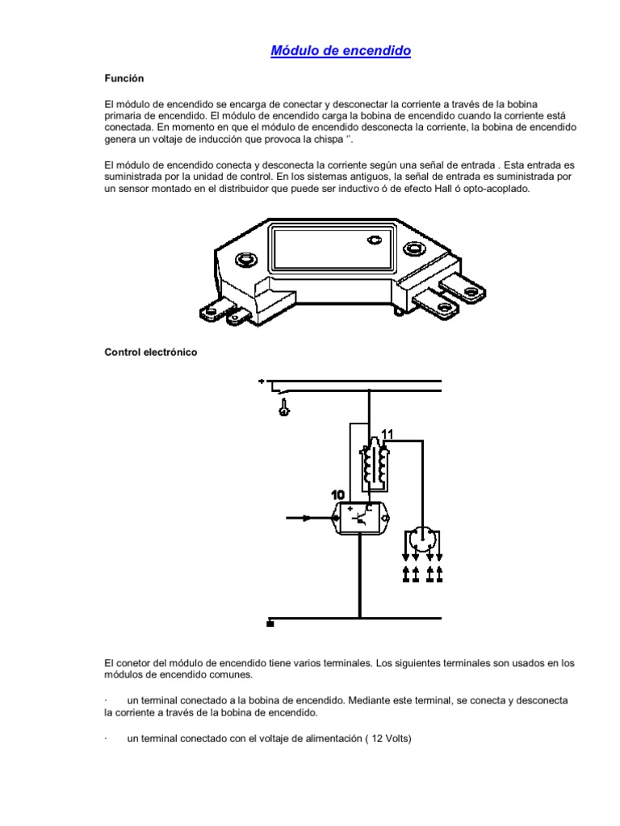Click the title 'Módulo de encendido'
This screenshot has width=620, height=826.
[x=341, y=51]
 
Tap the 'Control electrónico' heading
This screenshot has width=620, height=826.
[x=151, y=353]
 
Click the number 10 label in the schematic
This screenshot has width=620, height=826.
[x=337, y=494]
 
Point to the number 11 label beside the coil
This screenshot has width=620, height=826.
[x=387, y=435]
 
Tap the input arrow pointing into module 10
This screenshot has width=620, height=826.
[x=306, y=518]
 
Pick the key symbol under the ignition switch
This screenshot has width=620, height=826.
[x=284, y=410]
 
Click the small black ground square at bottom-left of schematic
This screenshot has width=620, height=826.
[x=270, y=623]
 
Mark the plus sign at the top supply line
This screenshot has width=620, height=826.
[x=261, y=381]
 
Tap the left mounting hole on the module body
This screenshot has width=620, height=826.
[x=244, y=260]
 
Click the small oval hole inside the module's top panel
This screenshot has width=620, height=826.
[x=374, y=239]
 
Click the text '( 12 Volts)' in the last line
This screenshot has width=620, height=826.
[x=385, y=737]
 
